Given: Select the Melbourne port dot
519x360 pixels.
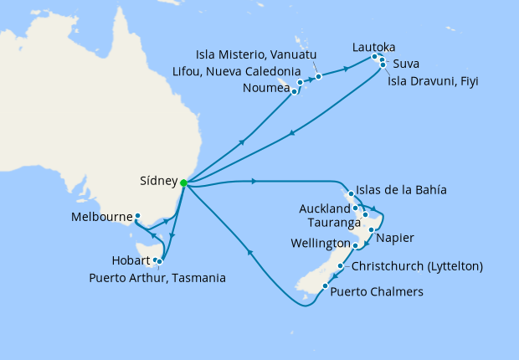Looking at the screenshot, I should coord(137,215).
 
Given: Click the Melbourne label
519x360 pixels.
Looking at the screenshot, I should coord(100,216).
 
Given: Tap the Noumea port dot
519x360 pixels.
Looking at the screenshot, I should coord(295,91).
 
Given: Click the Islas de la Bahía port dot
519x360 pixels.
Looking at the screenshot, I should coord(351,194).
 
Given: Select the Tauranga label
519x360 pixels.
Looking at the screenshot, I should coord(331,223).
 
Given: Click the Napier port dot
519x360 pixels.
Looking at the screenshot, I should coord(371,229).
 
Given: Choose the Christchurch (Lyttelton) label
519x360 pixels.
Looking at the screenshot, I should coord(418,267).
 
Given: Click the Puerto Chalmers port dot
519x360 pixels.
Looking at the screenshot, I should coord(324,287).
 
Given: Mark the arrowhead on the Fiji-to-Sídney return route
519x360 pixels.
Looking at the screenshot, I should coord(290,132).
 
